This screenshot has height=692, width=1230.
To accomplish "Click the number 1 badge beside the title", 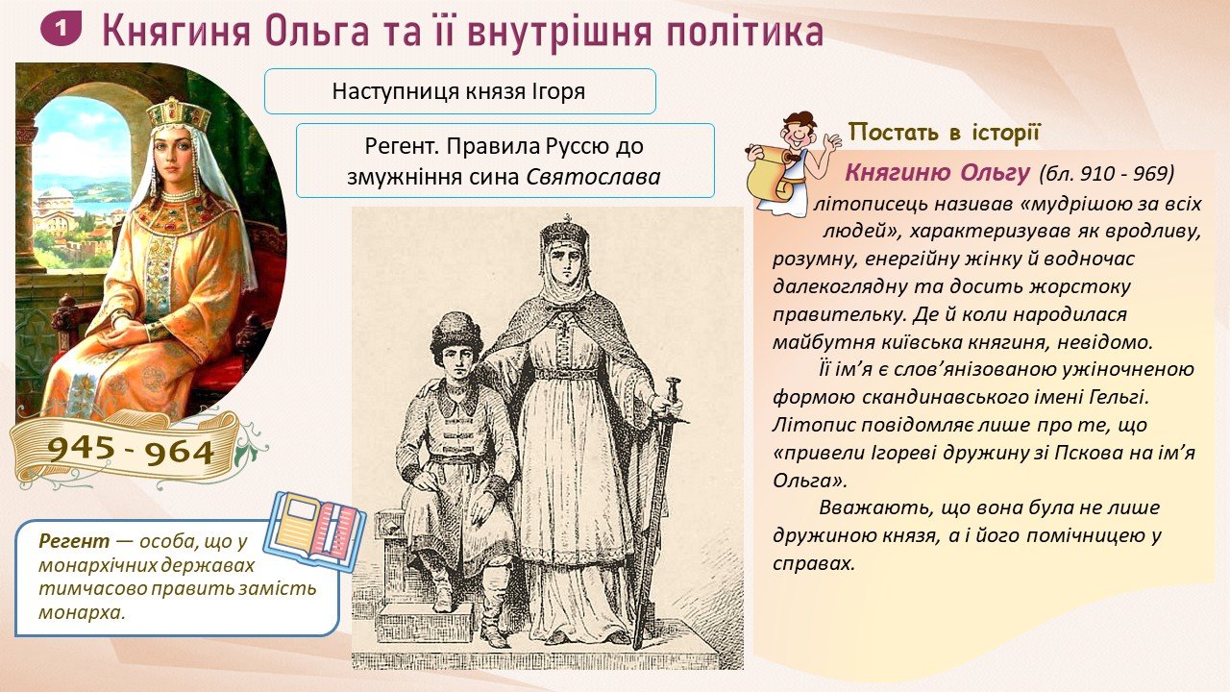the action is (61, 29).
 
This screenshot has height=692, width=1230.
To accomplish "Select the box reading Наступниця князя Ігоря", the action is (459, 91).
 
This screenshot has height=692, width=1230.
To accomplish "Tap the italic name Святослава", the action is (594, 177).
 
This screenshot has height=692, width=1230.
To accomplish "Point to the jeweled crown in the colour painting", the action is (179, 114).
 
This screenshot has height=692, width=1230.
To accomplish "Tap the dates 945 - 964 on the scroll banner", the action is (131, 451).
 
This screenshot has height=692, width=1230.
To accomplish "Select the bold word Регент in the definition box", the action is (74, 541).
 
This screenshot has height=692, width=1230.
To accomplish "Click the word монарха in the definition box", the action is (82, 612).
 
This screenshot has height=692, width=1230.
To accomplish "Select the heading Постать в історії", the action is (945, 133).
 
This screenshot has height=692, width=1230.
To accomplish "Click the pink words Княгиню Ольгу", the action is (937, 173).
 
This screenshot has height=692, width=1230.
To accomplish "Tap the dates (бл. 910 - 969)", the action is (1106, 174).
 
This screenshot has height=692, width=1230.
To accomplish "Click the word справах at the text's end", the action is (814, 564).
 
